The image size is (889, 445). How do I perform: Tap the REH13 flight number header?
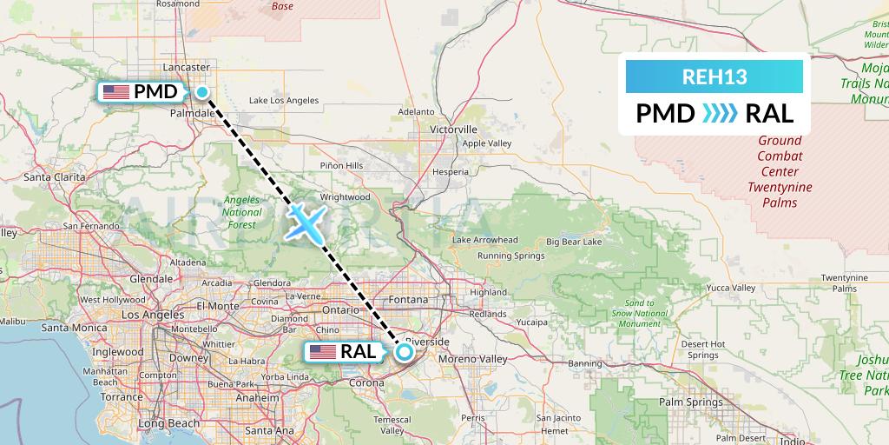coord(714,76)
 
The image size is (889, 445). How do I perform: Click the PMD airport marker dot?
coord(201,92)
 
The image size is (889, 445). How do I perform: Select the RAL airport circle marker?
coord(404,352)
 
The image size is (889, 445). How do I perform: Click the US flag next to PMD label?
coord(115,92)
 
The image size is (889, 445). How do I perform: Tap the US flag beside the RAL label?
coord(323,352)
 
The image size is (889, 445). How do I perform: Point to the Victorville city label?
coord(453,129)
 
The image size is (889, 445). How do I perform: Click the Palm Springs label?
coord(690,402)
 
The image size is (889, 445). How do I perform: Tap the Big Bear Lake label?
coord(568,241)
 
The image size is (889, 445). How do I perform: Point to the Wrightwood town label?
coord(346,197)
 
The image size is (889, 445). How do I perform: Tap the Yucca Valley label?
coord(730,287)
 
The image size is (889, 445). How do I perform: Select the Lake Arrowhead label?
coord(484,240)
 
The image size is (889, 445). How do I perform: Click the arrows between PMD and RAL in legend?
coord(714,113)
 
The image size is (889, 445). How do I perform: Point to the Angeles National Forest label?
coord(241,212)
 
